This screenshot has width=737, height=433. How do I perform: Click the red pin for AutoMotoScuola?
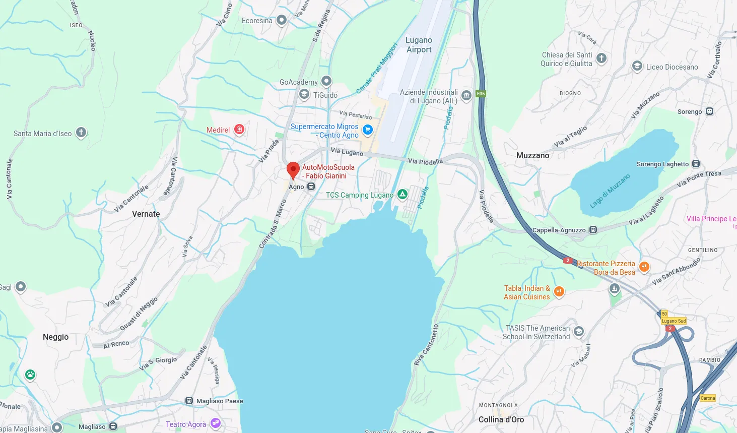pos(293,170)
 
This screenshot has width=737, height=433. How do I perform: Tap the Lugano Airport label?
pos(419,45)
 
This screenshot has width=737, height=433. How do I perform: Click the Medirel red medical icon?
pos(239,130)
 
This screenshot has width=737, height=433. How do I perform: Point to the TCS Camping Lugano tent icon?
pos(402,194)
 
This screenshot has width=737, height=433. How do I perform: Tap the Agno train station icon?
pos(311,187)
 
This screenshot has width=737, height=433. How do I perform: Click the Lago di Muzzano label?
pos(610,192)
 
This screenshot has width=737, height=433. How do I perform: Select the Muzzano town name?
pos(532,155)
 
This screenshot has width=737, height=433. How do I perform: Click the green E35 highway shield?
pos(481,94)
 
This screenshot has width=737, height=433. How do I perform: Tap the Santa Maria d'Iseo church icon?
pos(81,133)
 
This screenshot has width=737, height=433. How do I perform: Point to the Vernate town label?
pos(146,214)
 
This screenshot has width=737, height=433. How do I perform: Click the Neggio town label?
pos(55,337)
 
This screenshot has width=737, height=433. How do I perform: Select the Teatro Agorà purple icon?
pos(216,423)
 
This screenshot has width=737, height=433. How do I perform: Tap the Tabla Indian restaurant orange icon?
pos(559,291)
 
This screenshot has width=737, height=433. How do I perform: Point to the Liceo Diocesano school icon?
pos(637,66)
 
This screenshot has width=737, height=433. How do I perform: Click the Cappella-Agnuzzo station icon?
pos(593,230)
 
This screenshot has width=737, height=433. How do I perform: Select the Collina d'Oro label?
pos(501,419)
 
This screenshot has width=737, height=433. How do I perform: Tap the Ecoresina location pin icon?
pos(282,20)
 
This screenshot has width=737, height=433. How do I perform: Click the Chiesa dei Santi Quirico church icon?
pos(601,58)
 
